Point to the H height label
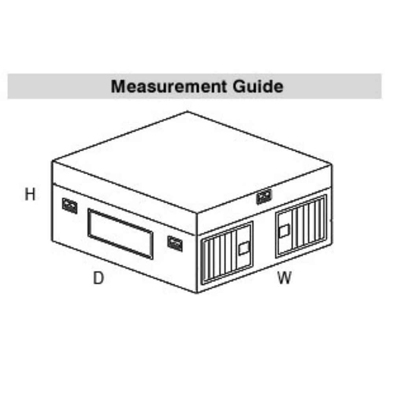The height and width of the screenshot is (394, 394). (x=30, y=195)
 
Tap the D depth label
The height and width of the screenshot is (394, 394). (x=98, y=277)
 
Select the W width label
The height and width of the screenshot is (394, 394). (x=284, y=277)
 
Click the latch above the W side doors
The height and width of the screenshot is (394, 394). (x=263, y=196)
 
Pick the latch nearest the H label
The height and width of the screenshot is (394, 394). (x=69, y=205)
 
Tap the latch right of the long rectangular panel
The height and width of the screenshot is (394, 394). (x=175, y=243)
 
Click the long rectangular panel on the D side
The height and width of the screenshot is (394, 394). (x=120, y=234)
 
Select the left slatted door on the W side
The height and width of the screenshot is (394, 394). (x=227, y=253)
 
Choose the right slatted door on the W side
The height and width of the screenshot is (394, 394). (x=301, y=226)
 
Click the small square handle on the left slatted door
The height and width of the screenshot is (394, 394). (x=244, y=248)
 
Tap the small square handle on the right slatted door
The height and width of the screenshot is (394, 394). (x=285, y=230)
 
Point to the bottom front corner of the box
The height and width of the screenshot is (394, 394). (x=196, y=293)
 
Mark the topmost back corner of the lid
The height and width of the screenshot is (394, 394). (x=187, y=112)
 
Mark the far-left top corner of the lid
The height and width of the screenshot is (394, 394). (x=52, y=162)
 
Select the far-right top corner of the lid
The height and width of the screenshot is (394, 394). (x=332, y=164)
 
